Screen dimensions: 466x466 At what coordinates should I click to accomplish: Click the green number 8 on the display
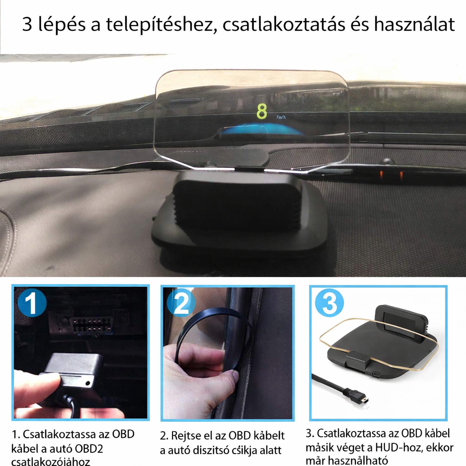click(x=262, y=111)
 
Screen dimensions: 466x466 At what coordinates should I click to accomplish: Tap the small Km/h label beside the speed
click(x=281, y=117)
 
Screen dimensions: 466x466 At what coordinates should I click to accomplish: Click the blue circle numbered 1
click(x=30, y=304)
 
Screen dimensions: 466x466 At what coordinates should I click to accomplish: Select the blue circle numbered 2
click(x=182, y=304)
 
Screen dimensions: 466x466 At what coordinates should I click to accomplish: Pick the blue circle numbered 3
click(x=329, y=304)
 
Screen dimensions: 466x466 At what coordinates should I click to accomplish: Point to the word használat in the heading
click(x=414, y=25)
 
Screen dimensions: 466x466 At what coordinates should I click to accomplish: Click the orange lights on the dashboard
click(x=391, y=175)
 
